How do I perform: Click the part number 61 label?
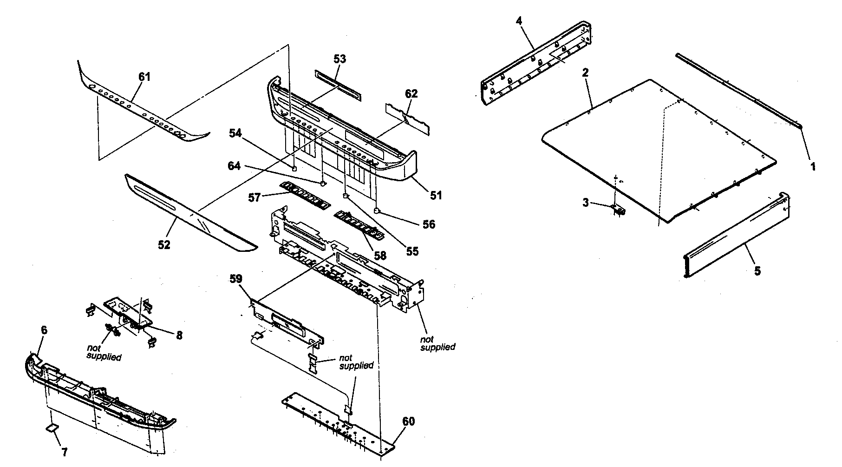pyautogui.click(x=144, y=77)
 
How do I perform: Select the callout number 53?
pyautogui.click(x=339, y=59)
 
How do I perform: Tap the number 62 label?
pyautogui.click(x=411, y=94)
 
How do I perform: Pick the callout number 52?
pyautogui.click(x=163, y=244)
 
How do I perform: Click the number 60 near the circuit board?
pyautogui.click(x=408, y=422)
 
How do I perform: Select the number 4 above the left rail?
pyautogui.click(x=519, y=21)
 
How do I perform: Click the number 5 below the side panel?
pyautogui.click(x=757, y=270)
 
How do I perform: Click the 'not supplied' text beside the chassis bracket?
pyautogui.click(x=437, y=343)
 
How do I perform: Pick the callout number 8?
pyautogui.click(x=179, y=334)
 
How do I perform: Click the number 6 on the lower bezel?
pyautogui.click(x=44, y=330)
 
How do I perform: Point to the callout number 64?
pyautogui.click(x=234, y=165)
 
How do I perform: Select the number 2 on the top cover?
pyautogui.click(x=585, y=73)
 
